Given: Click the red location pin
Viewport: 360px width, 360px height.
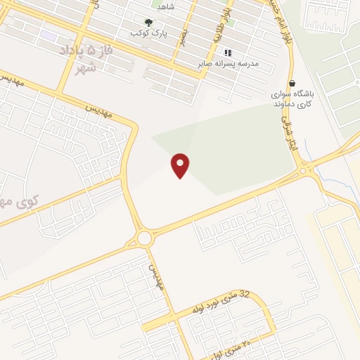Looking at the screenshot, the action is [x=181, y=165].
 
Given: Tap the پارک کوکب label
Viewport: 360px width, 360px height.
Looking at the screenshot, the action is [x=145, y=34].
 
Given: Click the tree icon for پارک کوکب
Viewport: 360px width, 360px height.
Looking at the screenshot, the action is [x=147, y=22].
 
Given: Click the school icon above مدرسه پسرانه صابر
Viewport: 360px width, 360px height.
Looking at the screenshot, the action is [x=227, y=53].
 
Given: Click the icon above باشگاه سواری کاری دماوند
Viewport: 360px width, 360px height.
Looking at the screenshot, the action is [x=292, y=83].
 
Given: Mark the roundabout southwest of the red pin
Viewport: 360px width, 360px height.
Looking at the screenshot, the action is [x=145, y=238].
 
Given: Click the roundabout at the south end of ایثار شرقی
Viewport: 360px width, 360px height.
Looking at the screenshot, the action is [x=304, y=169].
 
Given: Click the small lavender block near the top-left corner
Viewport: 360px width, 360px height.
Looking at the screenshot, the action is [x=48, y=34].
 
